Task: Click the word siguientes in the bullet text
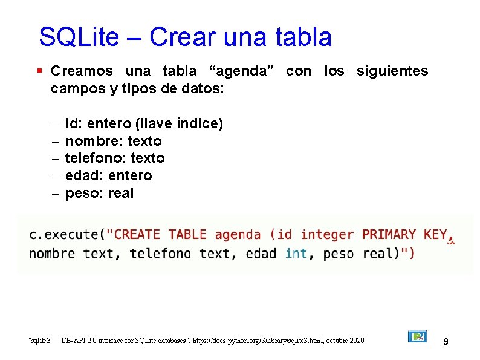tap(392, 71)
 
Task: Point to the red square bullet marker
tap(39, 71)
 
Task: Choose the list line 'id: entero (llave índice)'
tap(144, 124)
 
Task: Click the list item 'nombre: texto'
tap(113, 141)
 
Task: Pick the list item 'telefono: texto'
tap(115, 159)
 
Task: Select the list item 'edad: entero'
tap(108, 176)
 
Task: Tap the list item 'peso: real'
tap(99, 194)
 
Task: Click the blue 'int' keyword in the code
tap(296, 254)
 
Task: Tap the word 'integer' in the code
tap(327, 235)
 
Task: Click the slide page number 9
tap(446, 342)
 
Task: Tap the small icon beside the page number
tap(417, 336)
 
